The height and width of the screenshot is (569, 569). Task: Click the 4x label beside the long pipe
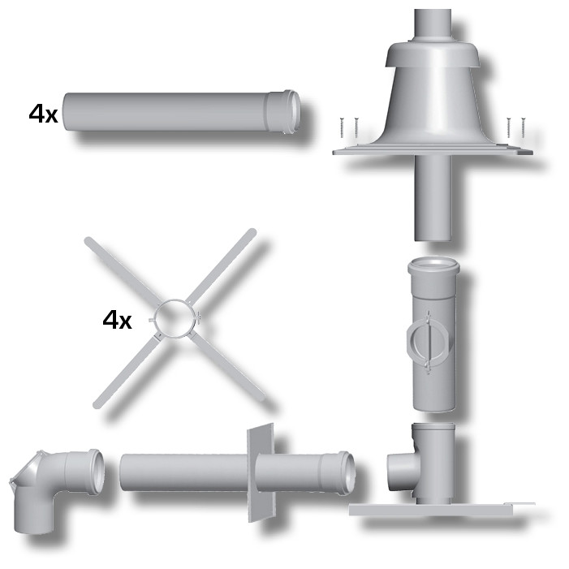coord(44,114)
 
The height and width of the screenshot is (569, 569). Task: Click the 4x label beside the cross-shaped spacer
coord(117,320)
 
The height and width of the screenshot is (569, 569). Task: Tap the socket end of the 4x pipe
coord(286,111)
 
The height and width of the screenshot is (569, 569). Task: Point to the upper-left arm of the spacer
coord(122,271)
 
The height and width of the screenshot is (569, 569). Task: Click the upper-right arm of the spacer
coord(222,266)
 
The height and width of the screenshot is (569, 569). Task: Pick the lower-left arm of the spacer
coord(126,371)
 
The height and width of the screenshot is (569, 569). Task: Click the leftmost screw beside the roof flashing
coord(342,127)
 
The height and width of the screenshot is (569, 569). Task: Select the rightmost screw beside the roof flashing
coord(523,127)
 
